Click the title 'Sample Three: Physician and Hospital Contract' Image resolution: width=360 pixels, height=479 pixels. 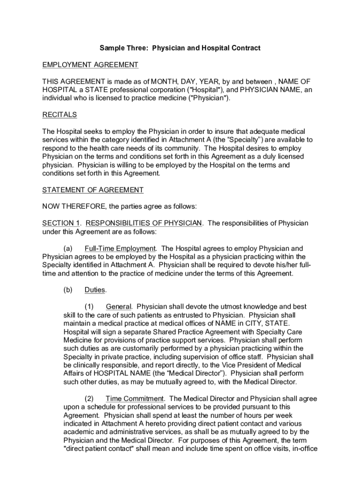pos(180,48)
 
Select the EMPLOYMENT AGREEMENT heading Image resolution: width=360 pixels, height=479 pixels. pos(90,65)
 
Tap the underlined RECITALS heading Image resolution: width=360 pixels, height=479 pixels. pos(59,115)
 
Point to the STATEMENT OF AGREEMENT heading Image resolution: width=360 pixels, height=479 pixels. pos(93,190)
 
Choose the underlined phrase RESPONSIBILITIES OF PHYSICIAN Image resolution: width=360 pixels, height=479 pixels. pos(144,223)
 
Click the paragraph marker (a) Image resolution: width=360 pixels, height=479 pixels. pos(68,248)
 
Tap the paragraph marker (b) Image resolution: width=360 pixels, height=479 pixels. pos(68,290)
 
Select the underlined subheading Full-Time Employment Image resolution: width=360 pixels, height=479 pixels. pos(120,248)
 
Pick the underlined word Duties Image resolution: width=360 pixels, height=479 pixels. pos(95,290)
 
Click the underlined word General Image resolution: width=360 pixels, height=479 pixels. pos(119,307)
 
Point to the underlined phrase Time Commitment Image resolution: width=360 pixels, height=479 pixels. pos(135,399)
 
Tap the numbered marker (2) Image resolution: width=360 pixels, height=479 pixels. pos(89,399)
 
